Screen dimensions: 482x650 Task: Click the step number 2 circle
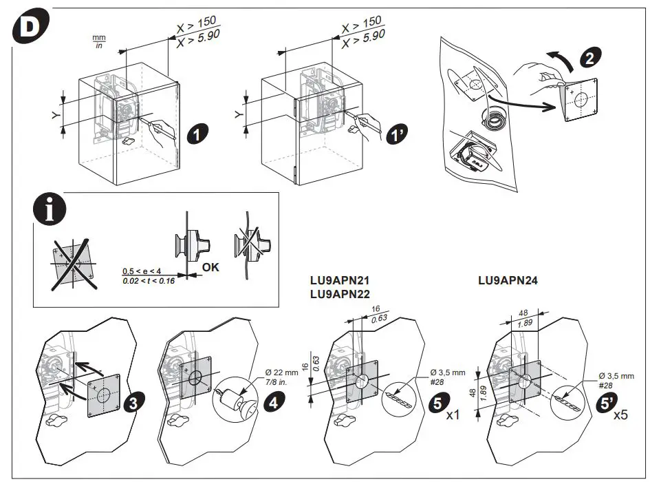[589, 58]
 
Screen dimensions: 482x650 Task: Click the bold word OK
[210, 267]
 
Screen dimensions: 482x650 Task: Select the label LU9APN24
[508, 280]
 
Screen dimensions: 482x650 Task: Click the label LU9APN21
[340, 281]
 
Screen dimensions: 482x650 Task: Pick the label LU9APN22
[340, 294]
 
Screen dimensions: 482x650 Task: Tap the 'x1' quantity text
[453, 416]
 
